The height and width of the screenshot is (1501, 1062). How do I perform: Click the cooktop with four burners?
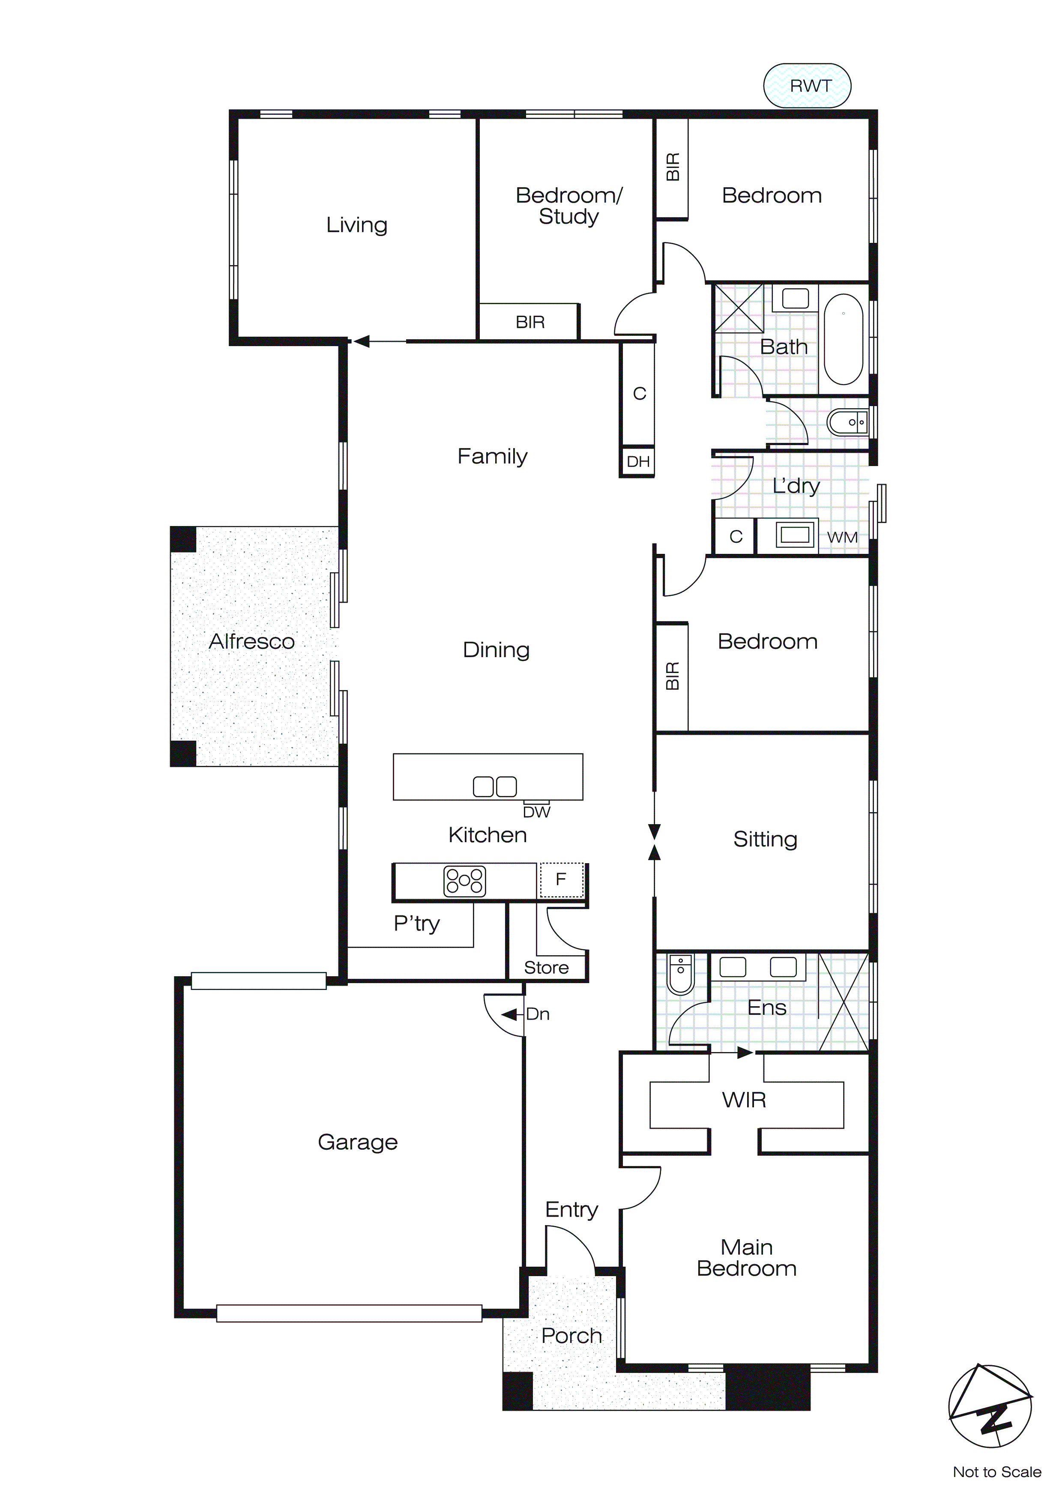[x=464, y=881]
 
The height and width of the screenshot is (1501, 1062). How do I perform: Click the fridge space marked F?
[x=561, y=879]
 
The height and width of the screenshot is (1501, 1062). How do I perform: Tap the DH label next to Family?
[x=637, y=461]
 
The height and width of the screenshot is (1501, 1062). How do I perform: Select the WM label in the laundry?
[x=842, y=537]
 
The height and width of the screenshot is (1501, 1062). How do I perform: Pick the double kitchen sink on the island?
[x=494, y=786]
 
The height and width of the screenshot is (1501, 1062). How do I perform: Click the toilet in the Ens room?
[x=680, y=973]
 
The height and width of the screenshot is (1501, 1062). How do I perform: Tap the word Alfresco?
[x=251, y=641]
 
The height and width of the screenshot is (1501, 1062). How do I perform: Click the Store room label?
[x=546, y=968]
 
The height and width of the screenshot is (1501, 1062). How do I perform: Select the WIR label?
[x=744, y=1100]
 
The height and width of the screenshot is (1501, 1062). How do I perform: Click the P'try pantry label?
[x=416, y=923]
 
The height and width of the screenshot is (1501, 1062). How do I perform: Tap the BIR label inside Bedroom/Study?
[x=530, y=322]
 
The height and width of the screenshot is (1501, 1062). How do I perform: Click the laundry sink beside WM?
[x=795, y=534]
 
